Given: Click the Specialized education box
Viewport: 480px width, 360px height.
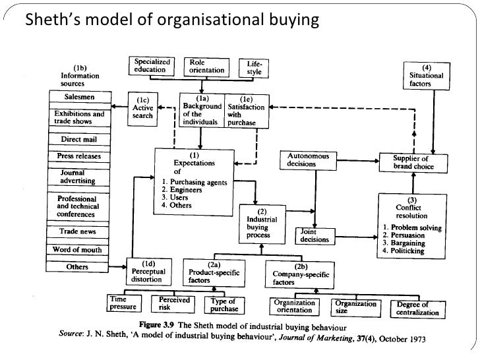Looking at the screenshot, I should click(x=150, y=66).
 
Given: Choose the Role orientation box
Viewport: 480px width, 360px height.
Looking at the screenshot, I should click(x=202, y=66).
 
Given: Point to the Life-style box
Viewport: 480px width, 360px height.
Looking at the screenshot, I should click(x=254, y=68).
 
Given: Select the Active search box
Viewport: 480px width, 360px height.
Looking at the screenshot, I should click(x=143, y=108).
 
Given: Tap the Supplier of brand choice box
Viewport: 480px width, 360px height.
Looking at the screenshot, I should click(x=411, y=162).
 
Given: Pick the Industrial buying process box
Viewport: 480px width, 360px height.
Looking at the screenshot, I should click(x=261, y=223).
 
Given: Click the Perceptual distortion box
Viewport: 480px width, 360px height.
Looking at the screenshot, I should click(x=148, y=272).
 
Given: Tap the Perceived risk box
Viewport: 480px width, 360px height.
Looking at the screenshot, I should click(x=174, y=304).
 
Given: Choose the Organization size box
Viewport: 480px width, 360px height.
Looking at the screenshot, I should click(x=356, y=307).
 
